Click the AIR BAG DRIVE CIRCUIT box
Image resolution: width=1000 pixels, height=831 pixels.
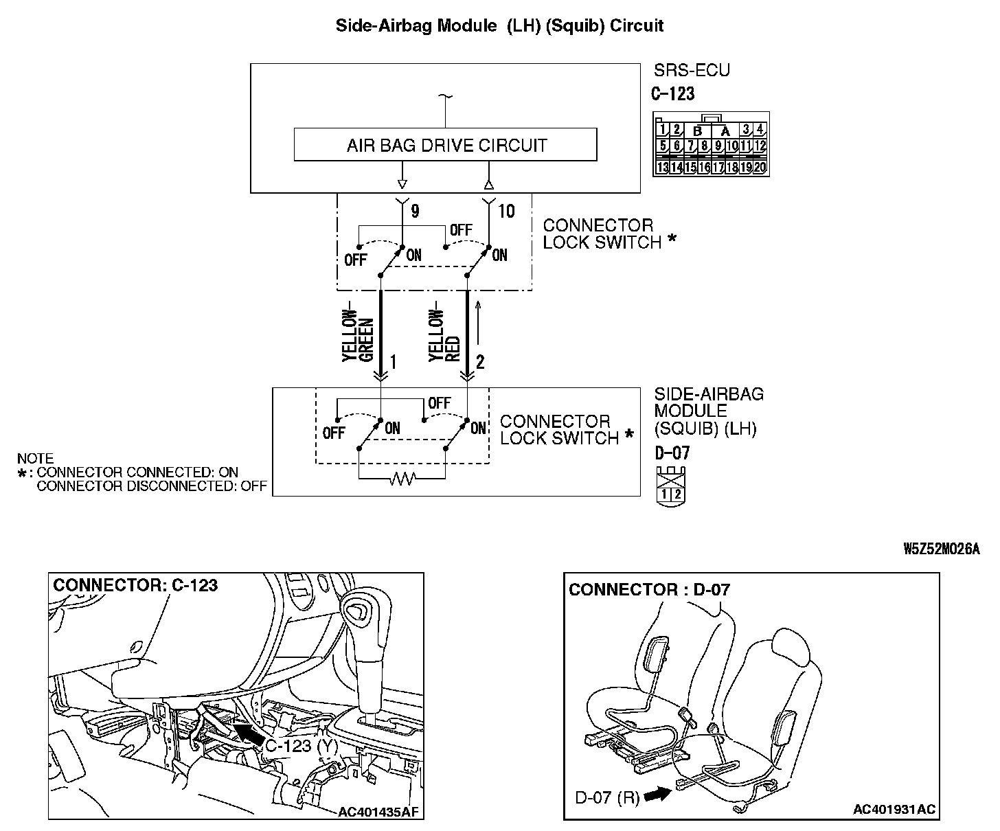(445, 145)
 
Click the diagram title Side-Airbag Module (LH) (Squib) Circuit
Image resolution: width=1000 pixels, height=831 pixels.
(499, 26)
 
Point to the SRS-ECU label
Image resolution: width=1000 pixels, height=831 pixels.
(692, 70)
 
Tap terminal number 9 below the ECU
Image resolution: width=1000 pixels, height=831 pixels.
(415, 211)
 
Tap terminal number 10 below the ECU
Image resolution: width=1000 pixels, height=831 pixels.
(506, 211)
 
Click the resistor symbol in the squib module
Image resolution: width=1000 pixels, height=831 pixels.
(402, 480)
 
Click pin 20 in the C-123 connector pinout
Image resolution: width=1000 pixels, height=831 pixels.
(760, 167)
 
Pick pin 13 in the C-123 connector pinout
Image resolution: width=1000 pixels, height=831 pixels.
(663, 167)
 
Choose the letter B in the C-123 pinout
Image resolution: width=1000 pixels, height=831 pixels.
(698, 130)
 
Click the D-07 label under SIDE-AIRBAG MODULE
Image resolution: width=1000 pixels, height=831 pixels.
(672, 453)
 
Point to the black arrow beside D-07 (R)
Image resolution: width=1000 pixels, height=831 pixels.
(657, 794)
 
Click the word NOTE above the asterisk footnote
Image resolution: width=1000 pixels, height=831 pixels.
(35, 458)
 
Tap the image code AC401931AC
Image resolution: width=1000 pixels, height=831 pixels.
(894, 810)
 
